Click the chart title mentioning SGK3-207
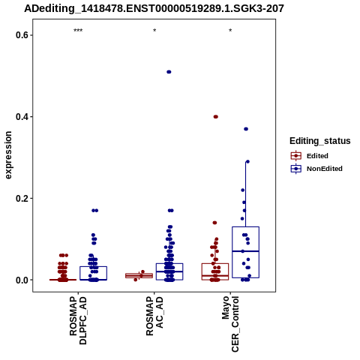click(x=154, y=8)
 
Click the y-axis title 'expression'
click(x=8, y=155)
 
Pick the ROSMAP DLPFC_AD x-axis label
click(x=78, y=321)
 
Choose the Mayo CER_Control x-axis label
click(x=230, y=324)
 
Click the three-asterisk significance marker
click(x=78, y=31)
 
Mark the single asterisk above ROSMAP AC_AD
click(x=154, y=31)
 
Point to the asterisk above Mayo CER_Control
click(x=230, y=31)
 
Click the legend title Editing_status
click(x=320, y=141)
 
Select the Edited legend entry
click(x=310, y=156)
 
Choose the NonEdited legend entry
click(x=316, y=169)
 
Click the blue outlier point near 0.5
click(x=169, y=72)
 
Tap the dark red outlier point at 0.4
click(x=216, y=117)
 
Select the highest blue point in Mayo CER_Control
click(x=246, y=129)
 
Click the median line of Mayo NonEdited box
click(x=245, y=251)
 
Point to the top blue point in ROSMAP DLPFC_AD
click(x=95, y=211)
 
